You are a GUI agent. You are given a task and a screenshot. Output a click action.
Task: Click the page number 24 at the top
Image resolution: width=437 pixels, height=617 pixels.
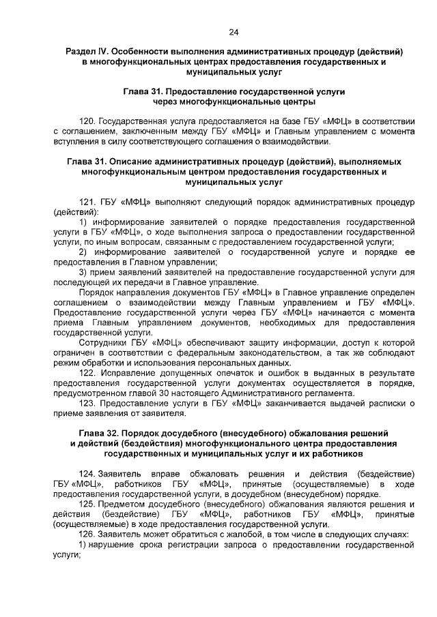coord(234,32)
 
